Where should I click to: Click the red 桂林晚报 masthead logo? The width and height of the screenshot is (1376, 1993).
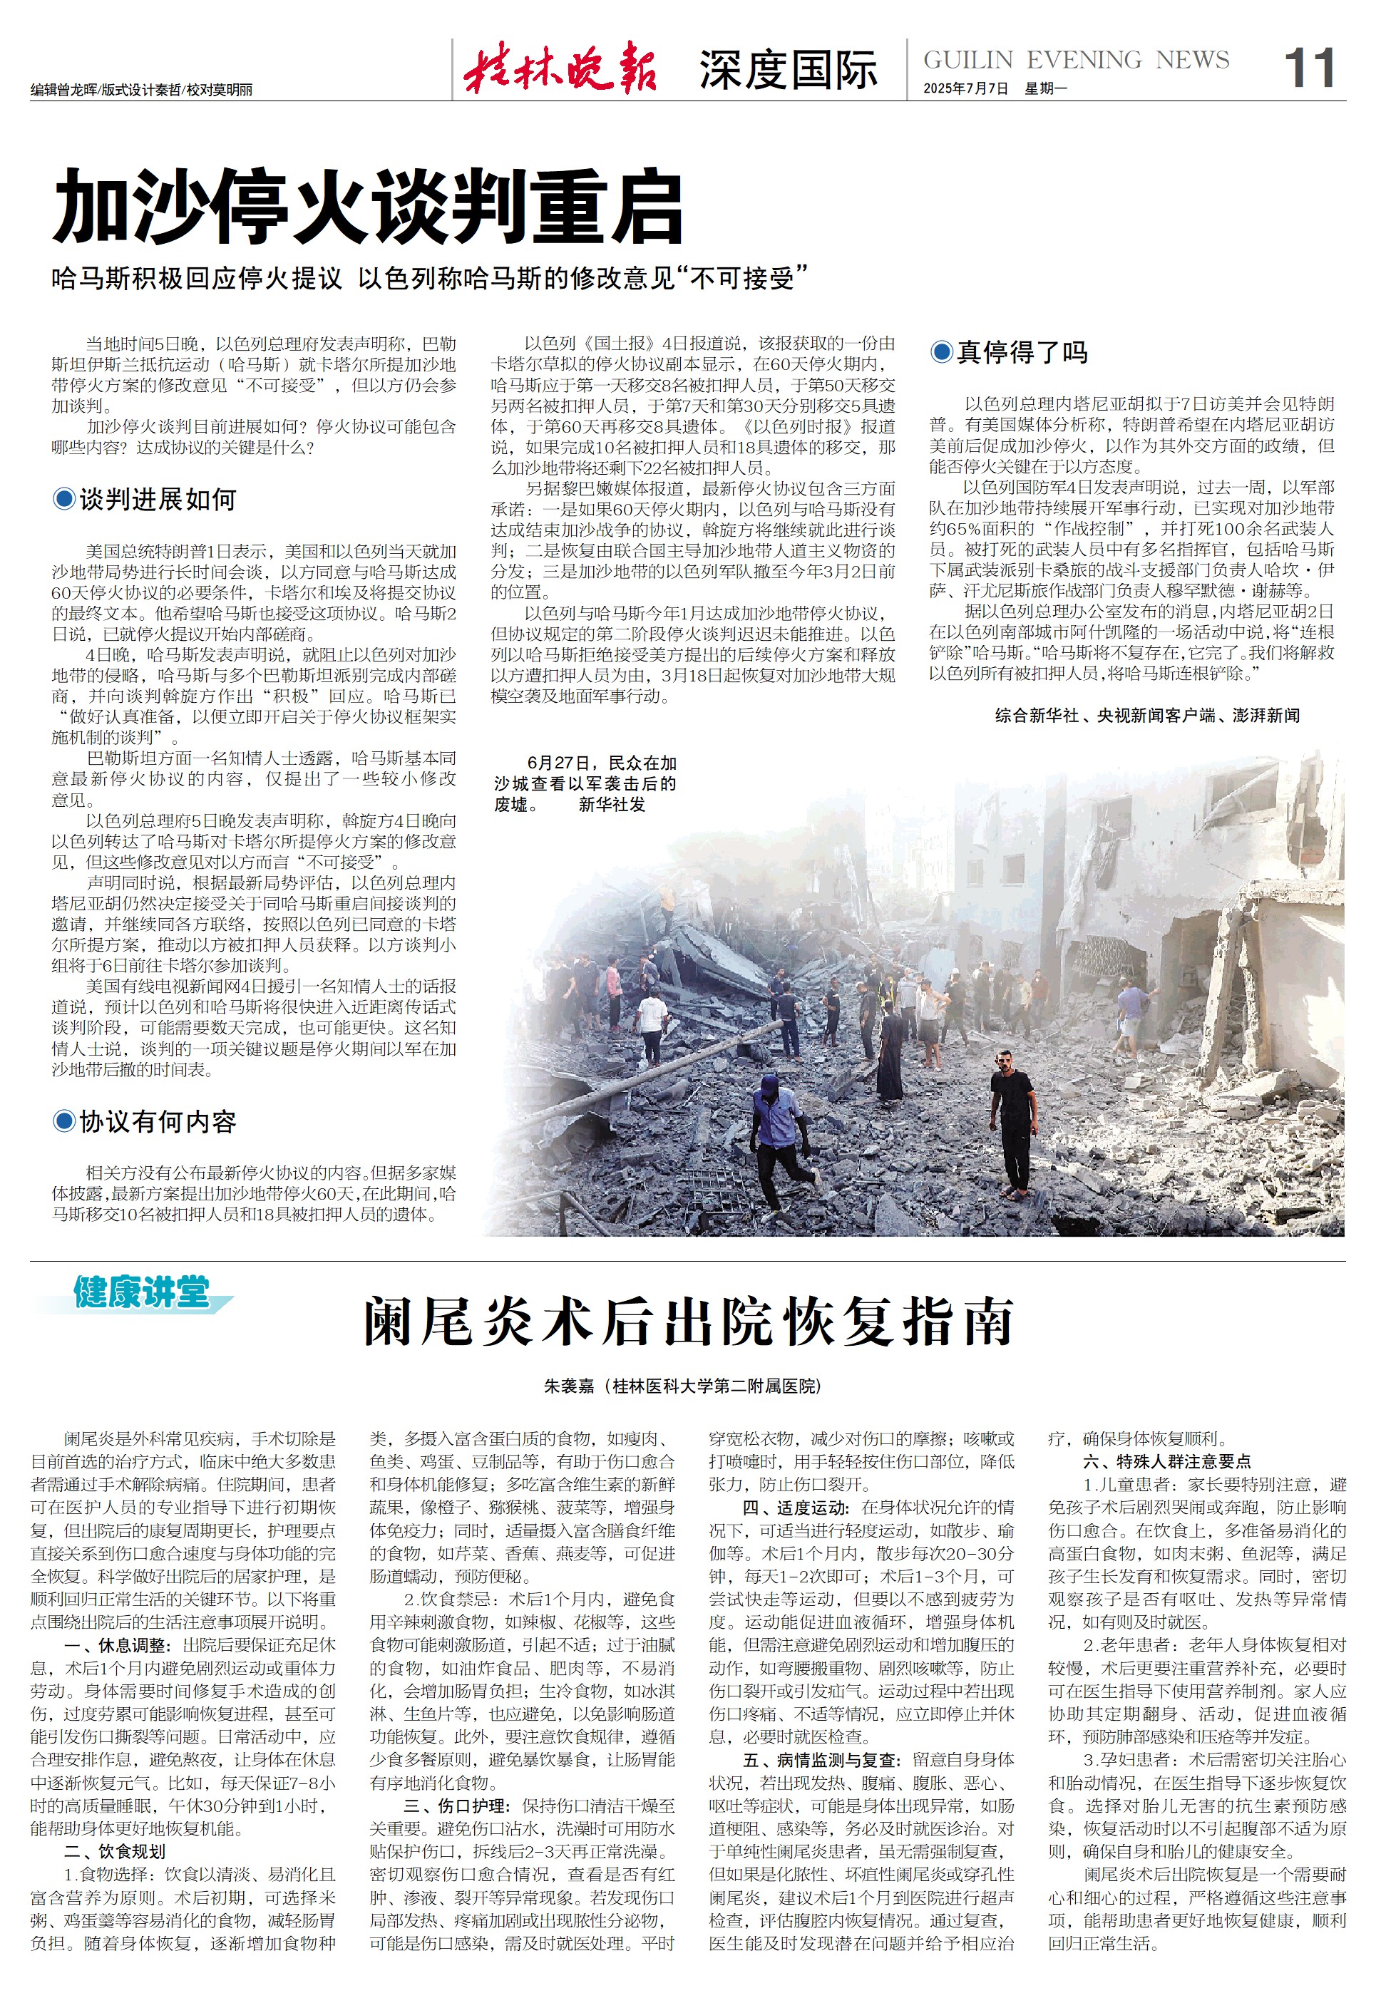pyautogui.click(x=560, y=69)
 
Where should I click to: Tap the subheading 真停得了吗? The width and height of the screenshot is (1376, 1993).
pyautogui.click(x=1022, y=351)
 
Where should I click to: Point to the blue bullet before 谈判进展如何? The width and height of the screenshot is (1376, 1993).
pyautogui.click(x=63, y=499)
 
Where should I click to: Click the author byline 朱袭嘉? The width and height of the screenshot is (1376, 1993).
pyautogui.click(x=569, y=1386)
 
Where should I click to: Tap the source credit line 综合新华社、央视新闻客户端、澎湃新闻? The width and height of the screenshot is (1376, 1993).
pyautogui.click(x=1146, y=716)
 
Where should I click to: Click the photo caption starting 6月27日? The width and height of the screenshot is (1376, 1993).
pyautogui.click(x=585, y=783)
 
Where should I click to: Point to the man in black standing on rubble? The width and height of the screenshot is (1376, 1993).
pyautogui.click(x=1012, y=1121)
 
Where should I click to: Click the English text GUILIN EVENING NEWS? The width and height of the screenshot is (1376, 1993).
pyautogui.click(x=1076, y=61)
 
